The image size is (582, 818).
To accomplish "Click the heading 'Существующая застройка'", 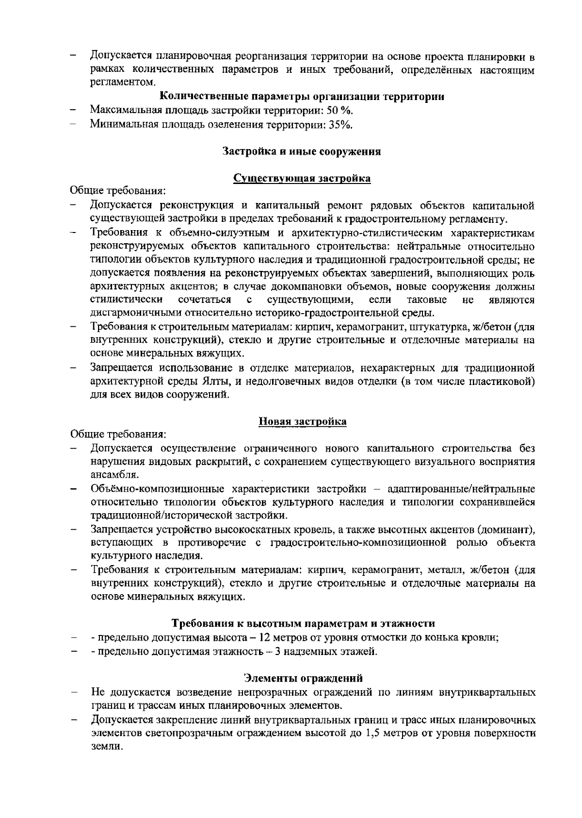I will pyautogui.click(x=302, y=178).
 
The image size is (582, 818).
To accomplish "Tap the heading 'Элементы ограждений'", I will pyautogui.click(x=303, y=678).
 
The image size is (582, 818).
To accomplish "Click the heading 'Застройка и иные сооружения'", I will pyautogui.click(x=302, y=151).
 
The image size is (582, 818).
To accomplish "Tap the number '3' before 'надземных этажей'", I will pyautogui.click(x=277, y=651).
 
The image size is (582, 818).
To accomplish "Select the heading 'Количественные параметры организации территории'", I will pyautogui.click(x=302, y=96).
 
